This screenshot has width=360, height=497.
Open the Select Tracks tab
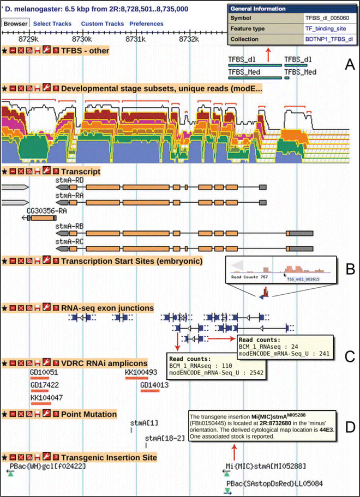pos(52,24)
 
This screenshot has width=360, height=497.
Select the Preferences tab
pos(146,24)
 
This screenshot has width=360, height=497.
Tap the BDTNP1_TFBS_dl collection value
pos(328,39)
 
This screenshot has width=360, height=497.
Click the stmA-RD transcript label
pos(69,178)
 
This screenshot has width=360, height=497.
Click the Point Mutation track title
pos(89,414)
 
